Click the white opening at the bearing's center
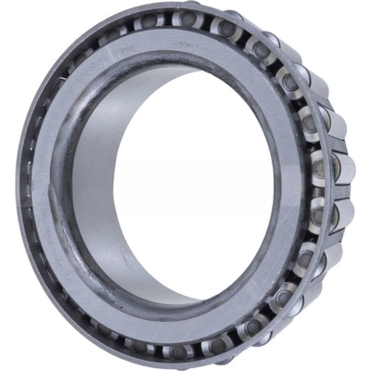pyautogui.click(x=199, y=185)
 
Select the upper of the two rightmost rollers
pyautogui.click(x=340, y=167)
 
